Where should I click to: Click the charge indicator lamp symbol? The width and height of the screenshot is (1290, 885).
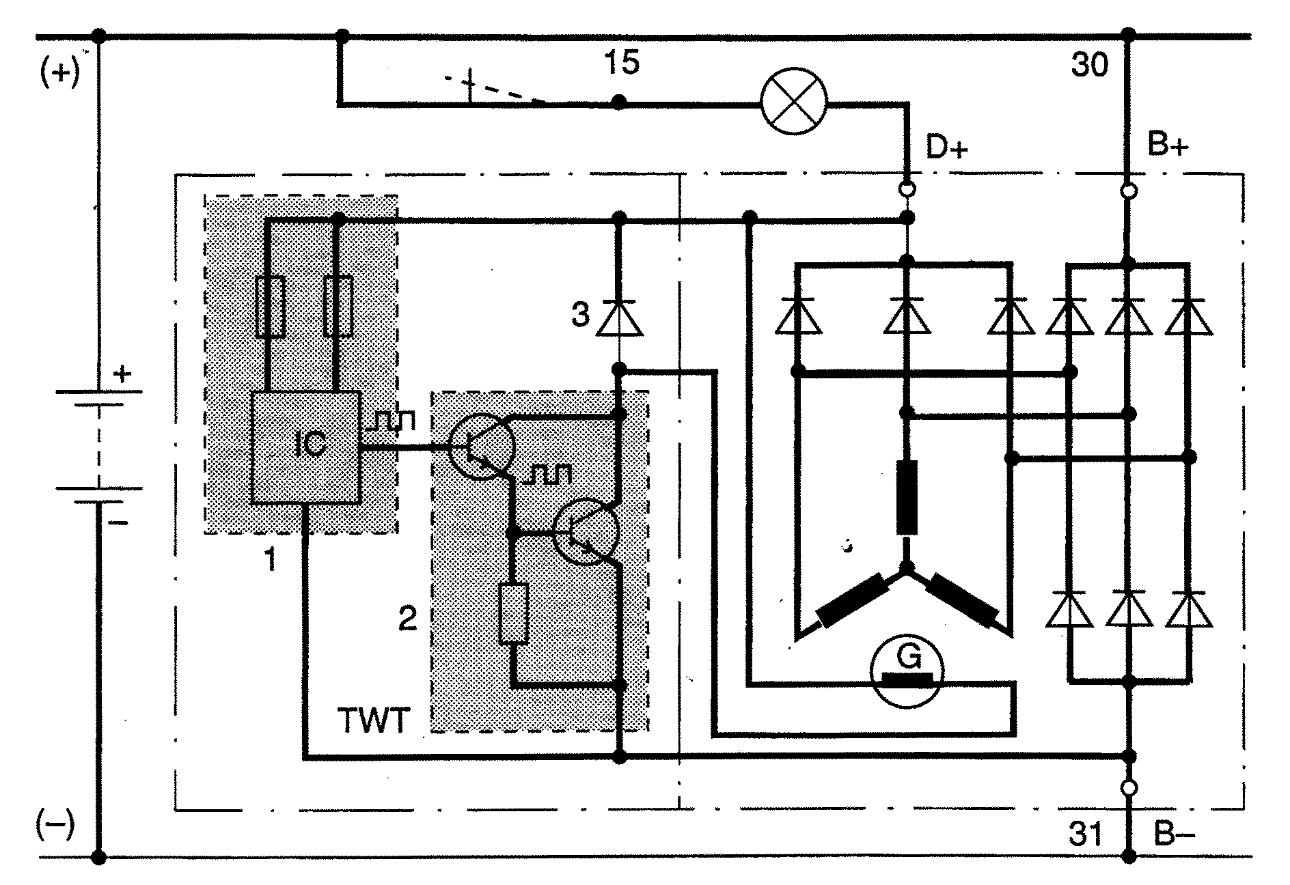pyautogui.click(x=794, y=103)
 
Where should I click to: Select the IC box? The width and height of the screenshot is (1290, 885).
pyautogui.click(x=305, y=447)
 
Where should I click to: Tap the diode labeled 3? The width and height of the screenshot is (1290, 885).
pyautogui.click(x=619, y=318)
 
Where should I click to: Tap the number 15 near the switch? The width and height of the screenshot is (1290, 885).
pyautogui.click(x=622, y=63)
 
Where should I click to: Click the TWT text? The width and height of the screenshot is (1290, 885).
pyautogui.click(x=373, y=721)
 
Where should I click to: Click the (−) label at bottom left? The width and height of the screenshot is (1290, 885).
pyautogui.click(x=55, y=828)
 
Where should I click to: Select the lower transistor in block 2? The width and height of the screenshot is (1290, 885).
pyautogui.click(x=586, y=531)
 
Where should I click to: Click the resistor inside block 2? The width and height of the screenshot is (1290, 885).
pyautogui.click(x=514, y=614)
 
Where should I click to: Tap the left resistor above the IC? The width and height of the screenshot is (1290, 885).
pyautogui.click(x=270, y=307)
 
